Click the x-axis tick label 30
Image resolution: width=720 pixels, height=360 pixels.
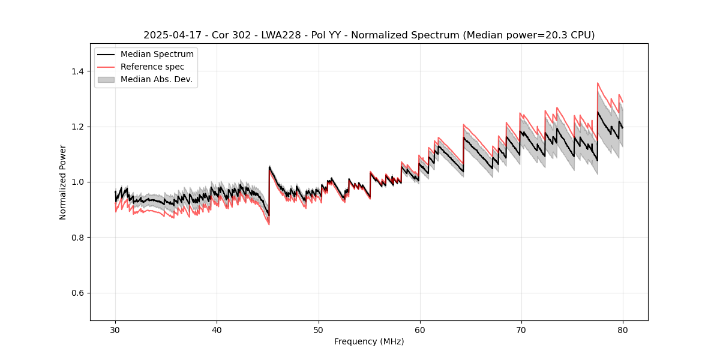point(115,330)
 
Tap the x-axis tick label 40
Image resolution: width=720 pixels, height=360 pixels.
point(217,330)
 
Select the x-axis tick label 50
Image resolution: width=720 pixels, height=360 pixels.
point(318,330)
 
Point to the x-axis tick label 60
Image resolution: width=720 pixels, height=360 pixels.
point(419,330)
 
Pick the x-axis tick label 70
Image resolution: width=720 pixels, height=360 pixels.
point(521,330)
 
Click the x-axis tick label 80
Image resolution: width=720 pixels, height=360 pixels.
point(622,330)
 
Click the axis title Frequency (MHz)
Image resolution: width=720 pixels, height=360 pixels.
point(369,341)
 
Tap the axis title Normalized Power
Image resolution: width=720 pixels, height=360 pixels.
point(63,182)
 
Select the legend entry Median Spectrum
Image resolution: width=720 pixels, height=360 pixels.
point(157,55)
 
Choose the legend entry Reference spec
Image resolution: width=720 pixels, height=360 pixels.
point(152,67)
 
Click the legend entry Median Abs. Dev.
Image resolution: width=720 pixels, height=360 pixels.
point(156,79)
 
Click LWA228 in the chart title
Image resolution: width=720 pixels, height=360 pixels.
point(282,35)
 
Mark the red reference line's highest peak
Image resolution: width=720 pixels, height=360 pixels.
point(598,83)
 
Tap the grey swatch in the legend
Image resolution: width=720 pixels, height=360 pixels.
point(106,79)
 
